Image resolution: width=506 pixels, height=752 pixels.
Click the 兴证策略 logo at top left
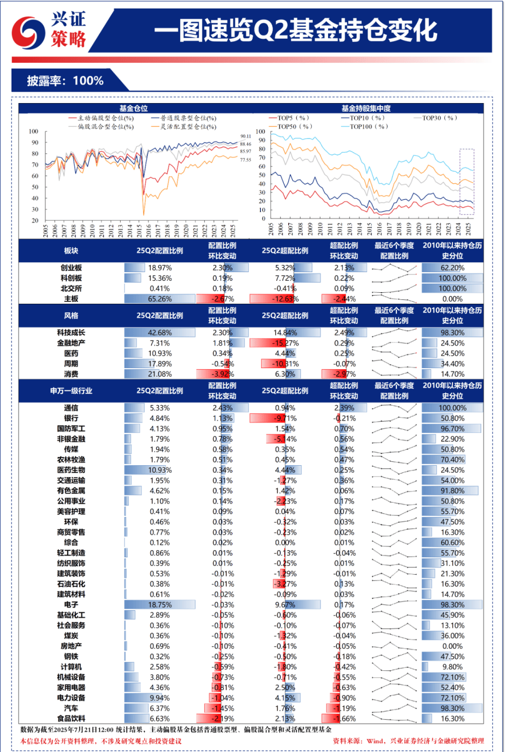(49, 31)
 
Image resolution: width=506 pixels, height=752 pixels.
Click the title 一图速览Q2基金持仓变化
(295, 31)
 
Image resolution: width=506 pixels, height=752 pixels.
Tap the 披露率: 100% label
(65, 81)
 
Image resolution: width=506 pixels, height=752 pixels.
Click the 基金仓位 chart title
(134, 109)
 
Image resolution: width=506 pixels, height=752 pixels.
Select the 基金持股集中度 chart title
(366, 109)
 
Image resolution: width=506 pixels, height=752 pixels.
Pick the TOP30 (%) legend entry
(439, 118)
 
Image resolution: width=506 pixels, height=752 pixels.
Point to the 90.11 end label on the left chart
(246, 136)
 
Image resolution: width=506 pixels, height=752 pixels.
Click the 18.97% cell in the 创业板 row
(160, 268)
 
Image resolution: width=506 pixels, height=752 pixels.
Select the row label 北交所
(71, 288)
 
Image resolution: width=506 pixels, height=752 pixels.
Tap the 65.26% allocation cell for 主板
(160, 299)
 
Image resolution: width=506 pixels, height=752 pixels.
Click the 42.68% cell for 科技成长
(160, 333)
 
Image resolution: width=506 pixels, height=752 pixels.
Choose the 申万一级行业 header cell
(71, 391)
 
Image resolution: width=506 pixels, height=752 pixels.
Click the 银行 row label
(71, 418)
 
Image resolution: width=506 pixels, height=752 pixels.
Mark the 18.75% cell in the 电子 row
(160, 605)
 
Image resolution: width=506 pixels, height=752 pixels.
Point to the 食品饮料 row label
(71, 719)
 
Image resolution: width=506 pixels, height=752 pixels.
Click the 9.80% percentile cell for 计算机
(453, 667)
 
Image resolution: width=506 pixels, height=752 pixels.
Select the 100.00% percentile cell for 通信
(453, 408)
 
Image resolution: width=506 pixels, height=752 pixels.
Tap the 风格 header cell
(71, 316)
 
